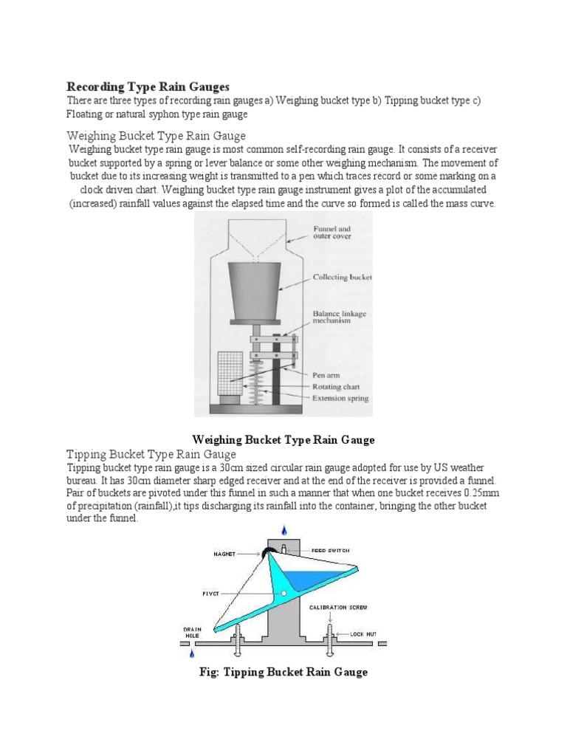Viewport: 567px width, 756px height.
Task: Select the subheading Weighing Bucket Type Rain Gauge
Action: pyautogui.click(x=157, y=136)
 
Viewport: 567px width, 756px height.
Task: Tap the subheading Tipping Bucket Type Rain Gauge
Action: pyautogui.click(x=151, y=454)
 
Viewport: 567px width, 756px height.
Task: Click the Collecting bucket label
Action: pyautogui.click(x=342, y=278)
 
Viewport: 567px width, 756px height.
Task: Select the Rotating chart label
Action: pyautogui.click(x=337, y=387)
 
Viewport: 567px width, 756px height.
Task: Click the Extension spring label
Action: pyautogui.click(x=340, y=399)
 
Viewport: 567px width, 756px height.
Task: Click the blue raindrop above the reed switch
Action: pyautogui.click(x=284, y=530)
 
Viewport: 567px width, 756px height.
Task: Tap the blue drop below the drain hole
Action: pyautogui.click(x=191, y=653)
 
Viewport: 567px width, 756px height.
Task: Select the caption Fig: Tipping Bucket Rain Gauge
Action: pyautogui.click(x=283, y=673)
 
